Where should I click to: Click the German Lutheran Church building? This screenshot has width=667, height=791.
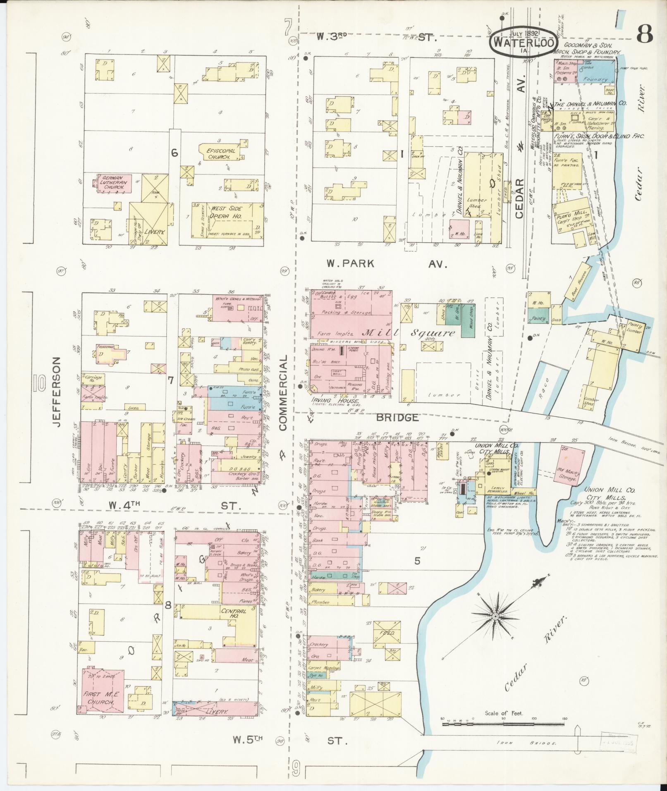pyautogui.click(x=114, y=182)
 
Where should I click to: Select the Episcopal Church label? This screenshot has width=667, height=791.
pyautogui.click(x=221, y=154)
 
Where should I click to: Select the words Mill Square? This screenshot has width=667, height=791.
pyautogui.click(x=409, y=333)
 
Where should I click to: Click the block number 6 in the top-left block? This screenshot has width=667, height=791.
pyautogui.click(x=175, y=153)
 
